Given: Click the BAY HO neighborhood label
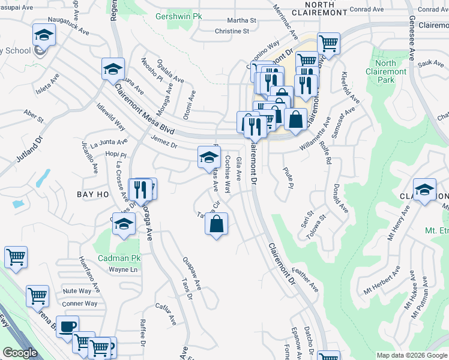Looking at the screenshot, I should tap(93, 195).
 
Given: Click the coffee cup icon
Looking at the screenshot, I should tap(67, 326).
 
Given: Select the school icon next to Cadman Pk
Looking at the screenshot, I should tap(124, 223).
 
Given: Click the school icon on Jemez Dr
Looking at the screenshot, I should tap(209, 157).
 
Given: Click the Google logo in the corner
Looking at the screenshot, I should tap(20, 352).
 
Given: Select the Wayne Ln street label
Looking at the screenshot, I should tap(122, 269).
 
